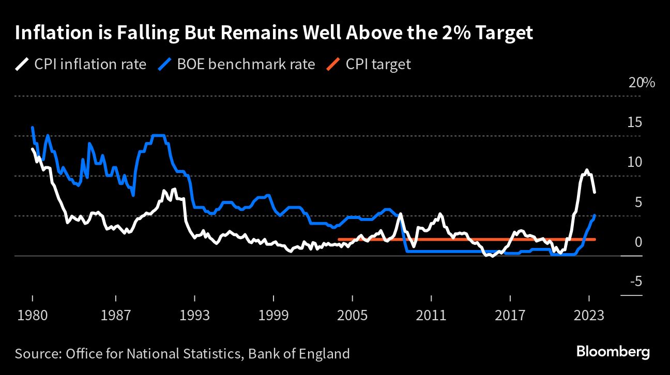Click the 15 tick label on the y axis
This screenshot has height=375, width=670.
[x=635, y=122]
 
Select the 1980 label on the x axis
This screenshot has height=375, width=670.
[x=32, y=315]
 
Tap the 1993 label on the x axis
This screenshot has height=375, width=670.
[x=194, y=315]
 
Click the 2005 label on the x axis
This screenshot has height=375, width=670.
[x=352, y=315]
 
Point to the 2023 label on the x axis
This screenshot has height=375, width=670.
[x=589, y=315]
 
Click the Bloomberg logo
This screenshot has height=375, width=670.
[x=613, y=352]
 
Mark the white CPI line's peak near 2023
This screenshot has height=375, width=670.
[x=586, y=170]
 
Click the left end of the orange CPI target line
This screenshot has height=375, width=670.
[x=339, y=239]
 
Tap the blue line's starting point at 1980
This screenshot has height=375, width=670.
[x=32, y=127]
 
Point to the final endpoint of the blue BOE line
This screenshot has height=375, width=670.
[x=595, y=215]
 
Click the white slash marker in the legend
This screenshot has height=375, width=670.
[x=22, y=64]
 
